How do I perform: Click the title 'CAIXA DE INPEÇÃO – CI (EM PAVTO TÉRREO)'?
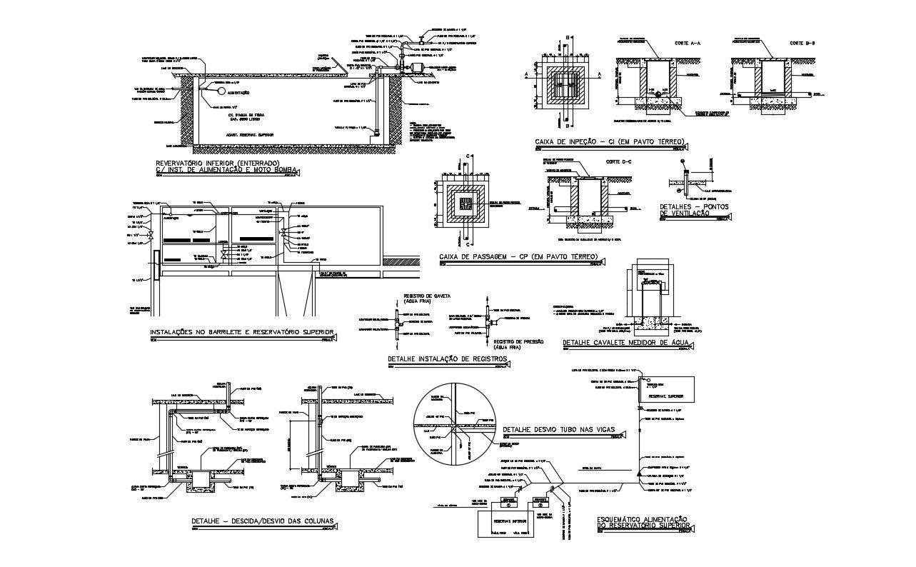coord(609,142)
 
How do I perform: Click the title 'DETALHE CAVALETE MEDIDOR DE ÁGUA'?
coord(625,343)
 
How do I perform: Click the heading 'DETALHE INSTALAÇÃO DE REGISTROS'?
coord(447,358)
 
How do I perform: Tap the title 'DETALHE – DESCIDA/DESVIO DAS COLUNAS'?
coord(263,520)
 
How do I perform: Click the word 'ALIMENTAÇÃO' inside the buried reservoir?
coord(238,93)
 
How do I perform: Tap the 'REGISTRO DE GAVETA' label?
coord(426,298)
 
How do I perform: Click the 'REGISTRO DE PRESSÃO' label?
coord(519,343)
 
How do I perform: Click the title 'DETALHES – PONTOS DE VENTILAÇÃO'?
coord(685,210)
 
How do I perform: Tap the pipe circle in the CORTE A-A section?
coord(657,95)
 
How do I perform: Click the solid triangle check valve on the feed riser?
coord(638,473)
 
